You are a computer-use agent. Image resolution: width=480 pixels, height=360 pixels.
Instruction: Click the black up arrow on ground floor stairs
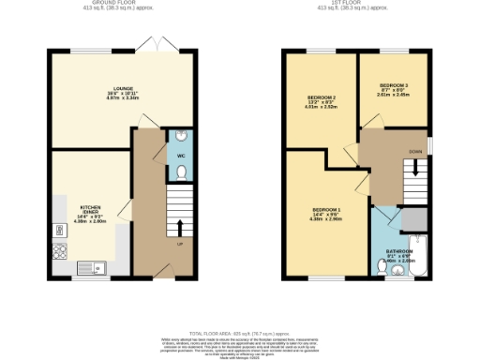[180, 227]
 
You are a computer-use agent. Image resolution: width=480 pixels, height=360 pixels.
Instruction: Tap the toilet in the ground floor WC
[180, 172]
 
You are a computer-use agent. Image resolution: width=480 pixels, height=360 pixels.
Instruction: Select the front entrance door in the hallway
[165, 271]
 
